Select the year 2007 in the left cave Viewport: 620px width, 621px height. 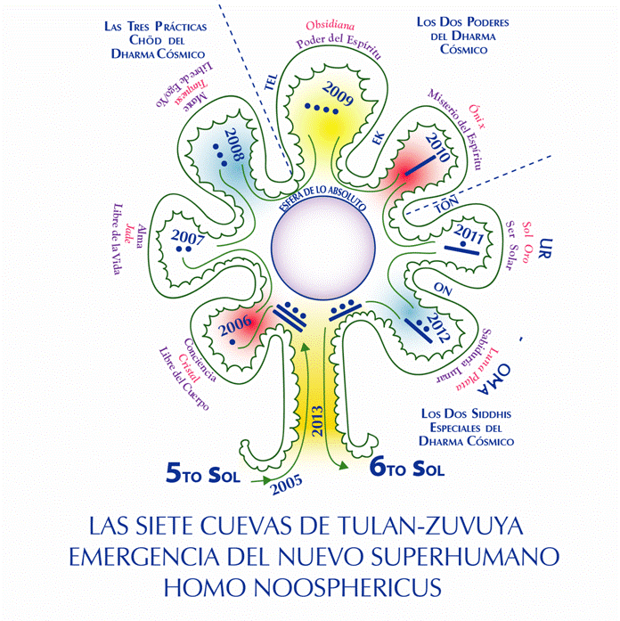(x=190, y=239)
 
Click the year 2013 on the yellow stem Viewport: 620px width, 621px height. (x=318, y=420)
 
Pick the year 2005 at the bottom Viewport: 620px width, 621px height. (x=288, y=486)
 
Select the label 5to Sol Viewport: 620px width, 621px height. (x=204, y=474)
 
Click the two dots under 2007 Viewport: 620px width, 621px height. (x=184, y=253)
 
